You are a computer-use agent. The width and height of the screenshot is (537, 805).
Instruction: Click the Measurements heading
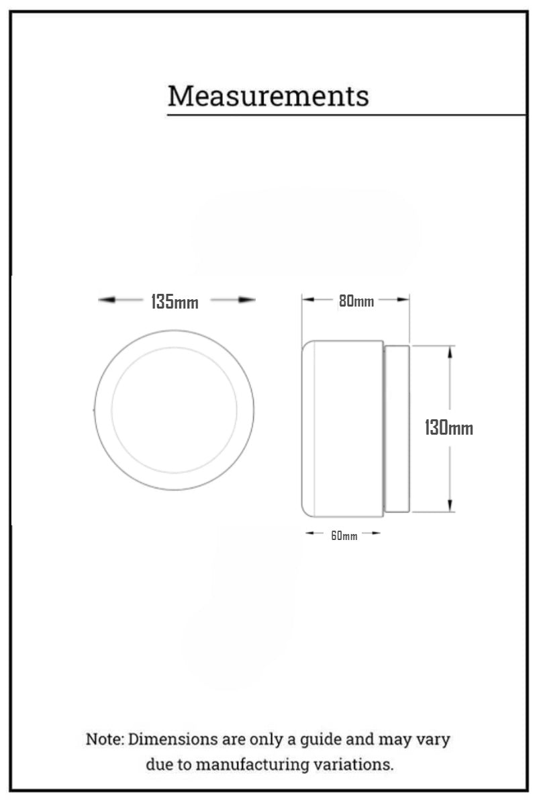pos(268,96)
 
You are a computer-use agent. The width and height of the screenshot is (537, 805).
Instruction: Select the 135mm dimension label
pos(175,302)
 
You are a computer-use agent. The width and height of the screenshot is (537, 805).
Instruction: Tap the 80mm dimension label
pos(356,302)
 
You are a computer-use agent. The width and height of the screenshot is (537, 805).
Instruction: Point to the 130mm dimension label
pos(448,427)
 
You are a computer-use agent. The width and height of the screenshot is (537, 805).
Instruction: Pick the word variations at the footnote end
pos(357,764)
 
